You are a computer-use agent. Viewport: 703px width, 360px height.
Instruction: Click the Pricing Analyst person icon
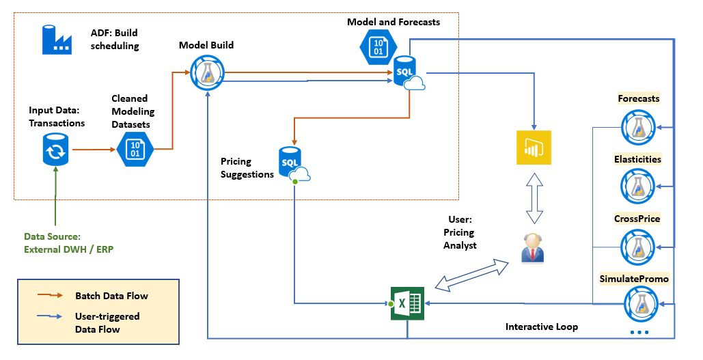[532, 248]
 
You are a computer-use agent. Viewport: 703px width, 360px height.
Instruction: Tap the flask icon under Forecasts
[638, 126]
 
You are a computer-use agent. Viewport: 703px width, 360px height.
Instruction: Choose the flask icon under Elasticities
[638, 185]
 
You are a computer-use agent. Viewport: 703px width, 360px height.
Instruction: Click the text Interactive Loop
[541, 327]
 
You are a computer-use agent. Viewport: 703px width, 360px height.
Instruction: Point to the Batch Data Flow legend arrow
[53, 296]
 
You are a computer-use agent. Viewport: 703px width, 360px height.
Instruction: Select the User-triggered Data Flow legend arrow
[53, 317]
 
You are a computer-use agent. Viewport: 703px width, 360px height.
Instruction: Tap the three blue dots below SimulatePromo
[639, 333]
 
